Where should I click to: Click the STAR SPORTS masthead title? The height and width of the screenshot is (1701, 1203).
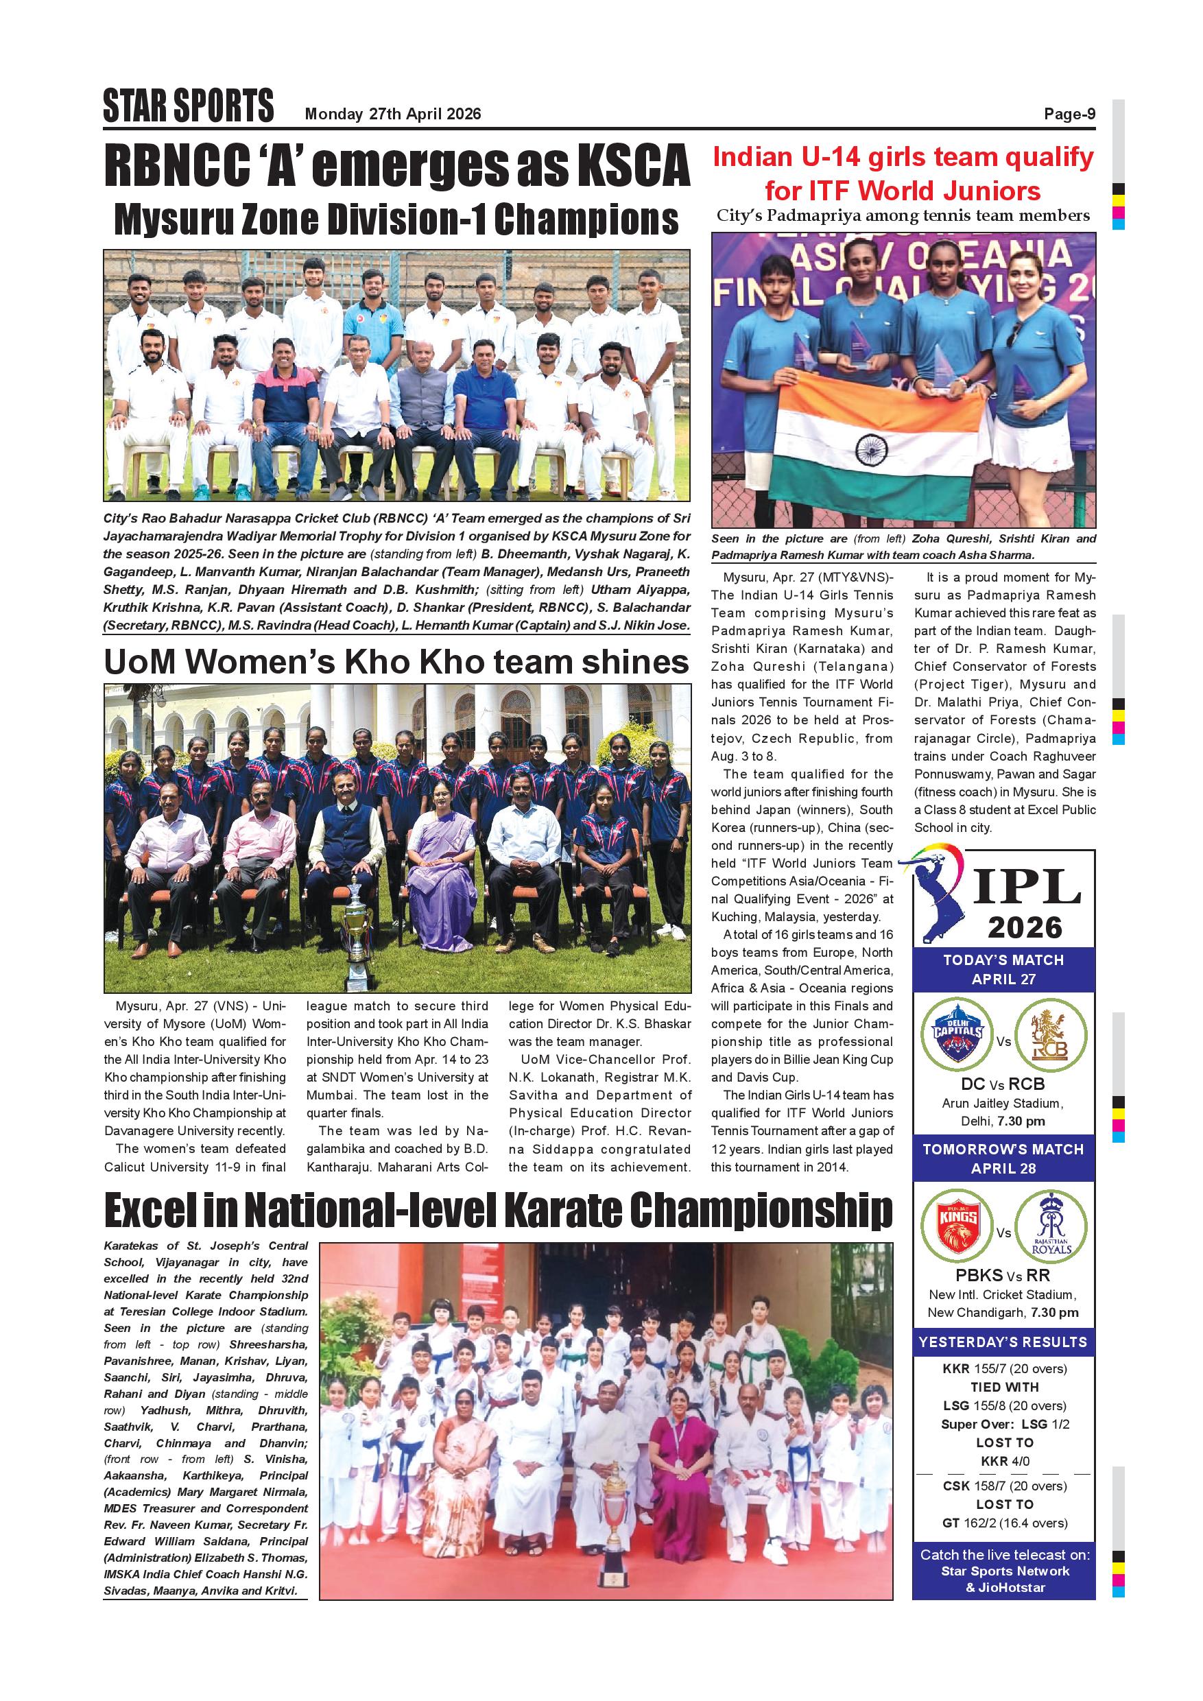click(x=188, y=105)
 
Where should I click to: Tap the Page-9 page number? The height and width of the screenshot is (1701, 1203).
click(x=1069, y=114)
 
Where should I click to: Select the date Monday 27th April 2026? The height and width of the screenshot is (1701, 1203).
click(x=392, y=114)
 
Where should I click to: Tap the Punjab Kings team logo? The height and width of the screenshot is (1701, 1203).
click(x=957, y=1228)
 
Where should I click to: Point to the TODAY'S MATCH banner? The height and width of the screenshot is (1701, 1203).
click(x=1003, y=969)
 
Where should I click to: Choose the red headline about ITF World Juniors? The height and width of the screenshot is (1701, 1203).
click(x=903, y=174)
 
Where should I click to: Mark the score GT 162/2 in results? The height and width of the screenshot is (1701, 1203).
click(x=1003, y=1523)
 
